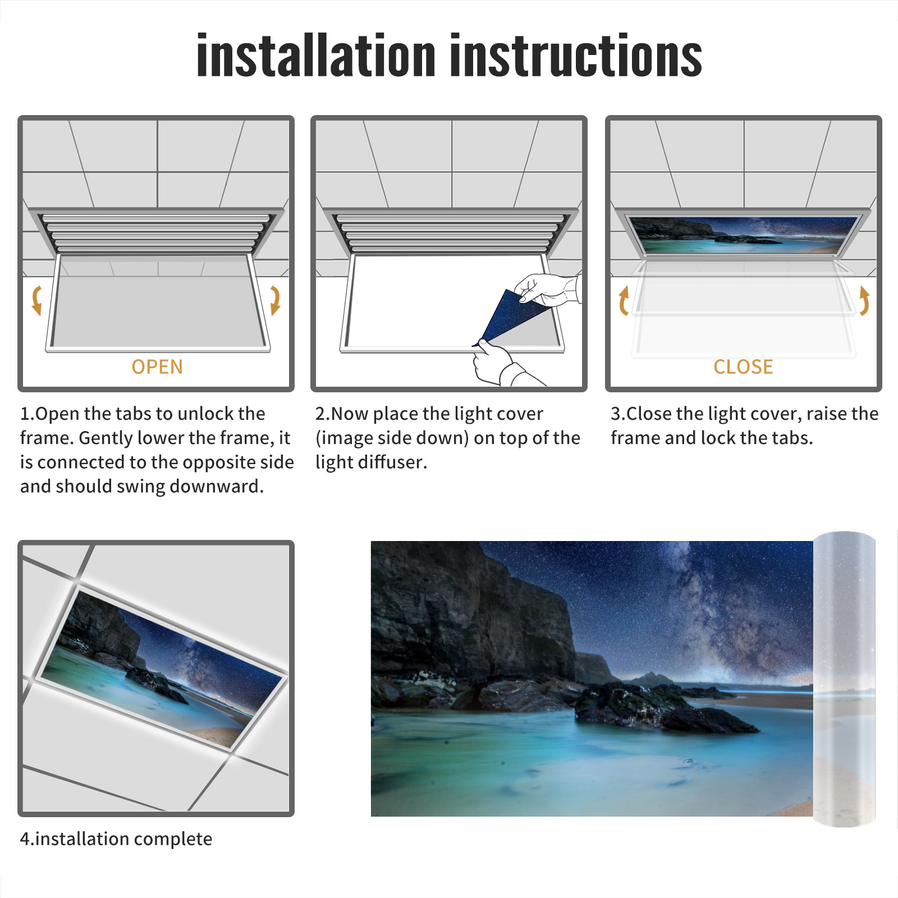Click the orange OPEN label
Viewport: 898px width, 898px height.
pyautogui.click(x=157, y=366)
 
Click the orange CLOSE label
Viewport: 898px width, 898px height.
pyautogui.click(x=743, y=366)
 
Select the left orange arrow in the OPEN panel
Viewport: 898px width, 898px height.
pyautogui.click(x=36, y=300)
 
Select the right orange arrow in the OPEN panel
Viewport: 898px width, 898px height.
pyautogui.click(x=275, y=300)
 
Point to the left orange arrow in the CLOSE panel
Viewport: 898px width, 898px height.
pyautogui.click(x=624, y=300)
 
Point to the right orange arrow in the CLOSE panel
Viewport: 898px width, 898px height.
pyautogui.click(x=864, y=300)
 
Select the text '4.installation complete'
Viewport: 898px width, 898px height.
pyautogui.click(x=116, y=839)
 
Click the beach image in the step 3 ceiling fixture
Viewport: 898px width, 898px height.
pyautogui.click(x=743, y=235)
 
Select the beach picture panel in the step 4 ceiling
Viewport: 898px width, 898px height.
pyautogui.click(x=162, y=668)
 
